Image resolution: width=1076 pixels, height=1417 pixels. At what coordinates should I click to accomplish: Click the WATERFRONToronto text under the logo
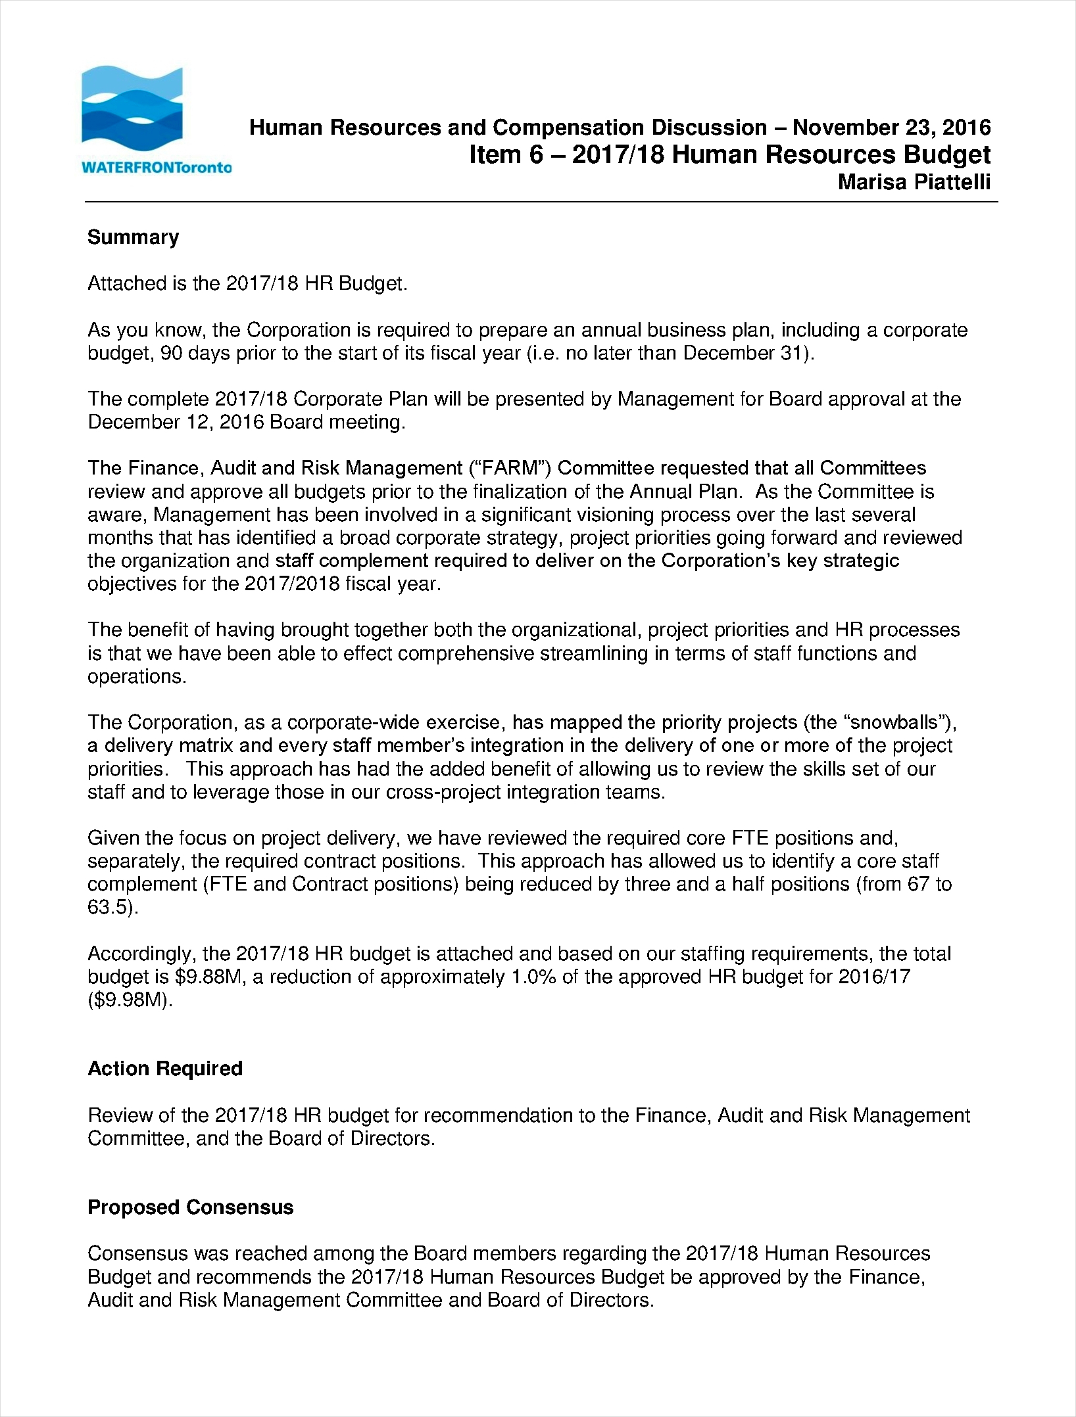157,167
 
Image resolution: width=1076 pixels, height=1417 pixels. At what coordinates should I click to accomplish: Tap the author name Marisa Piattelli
914,182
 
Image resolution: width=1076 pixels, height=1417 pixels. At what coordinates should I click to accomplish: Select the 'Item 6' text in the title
505,155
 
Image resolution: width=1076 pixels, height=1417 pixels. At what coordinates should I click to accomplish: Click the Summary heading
133,237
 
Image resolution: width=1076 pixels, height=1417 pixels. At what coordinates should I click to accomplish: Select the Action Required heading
165,1069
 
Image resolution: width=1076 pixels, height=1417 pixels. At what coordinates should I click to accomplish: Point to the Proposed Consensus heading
190,1207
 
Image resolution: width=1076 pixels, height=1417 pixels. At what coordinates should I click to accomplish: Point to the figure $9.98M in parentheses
130,1000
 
